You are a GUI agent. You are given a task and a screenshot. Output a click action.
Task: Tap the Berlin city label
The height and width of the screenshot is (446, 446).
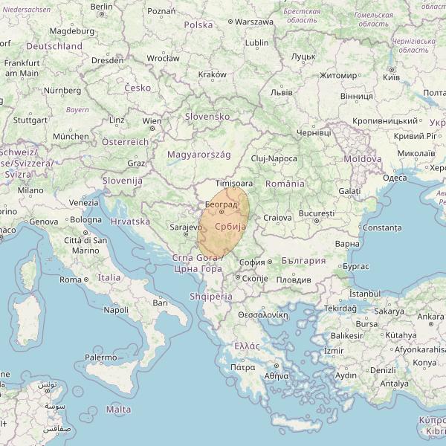[x=101, y=6]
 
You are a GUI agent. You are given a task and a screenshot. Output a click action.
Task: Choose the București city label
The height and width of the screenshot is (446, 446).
[x=317, y=213]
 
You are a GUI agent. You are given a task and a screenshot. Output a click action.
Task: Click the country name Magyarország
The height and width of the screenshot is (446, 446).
[x=198, y=155]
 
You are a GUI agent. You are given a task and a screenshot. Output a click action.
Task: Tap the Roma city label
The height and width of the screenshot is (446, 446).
[x=70, y=279]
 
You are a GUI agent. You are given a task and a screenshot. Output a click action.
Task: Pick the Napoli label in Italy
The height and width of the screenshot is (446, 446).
[x=117, y=310]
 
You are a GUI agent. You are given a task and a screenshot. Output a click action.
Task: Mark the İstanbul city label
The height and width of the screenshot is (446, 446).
[x=364, y=294]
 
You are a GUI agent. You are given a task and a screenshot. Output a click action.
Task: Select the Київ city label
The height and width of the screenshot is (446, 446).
[x=391, y=78]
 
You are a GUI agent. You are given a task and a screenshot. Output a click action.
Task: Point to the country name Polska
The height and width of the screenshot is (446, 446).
[x=198, y=25]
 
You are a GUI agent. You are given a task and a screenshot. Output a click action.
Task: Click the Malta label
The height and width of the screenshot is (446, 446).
[x=119, y=410]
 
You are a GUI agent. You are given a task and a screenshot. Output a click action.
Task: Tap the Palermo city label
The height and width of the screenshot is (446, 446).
[x=100, y=358]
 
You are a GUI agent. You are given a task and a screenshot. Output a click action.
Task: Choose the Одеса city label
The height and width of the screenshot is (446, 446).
[x=394, y=178]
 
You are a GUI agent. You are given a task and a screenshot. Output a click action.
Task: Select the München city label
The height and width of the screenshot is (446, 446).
[x=71, y=137]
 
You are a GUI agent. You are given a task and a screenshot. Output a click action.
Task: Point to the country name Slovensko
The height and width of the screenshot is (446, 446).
[x=207, y=117]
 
